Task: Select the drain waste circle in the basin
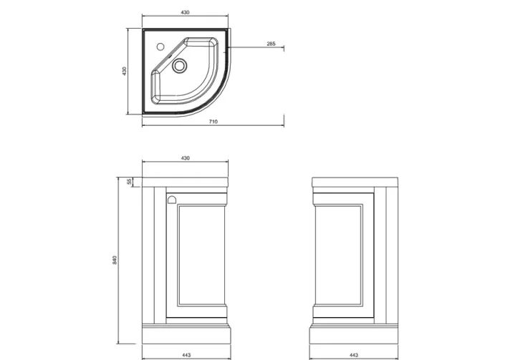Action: point(179,67)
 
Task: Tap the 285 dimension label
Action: point(271,44)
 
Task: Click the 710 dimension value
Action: point(213,122)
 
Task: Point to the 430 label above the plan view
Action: point(186,13)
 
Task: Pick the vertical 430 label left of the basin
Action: point(124,72)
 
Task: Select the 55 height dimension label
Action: point(129,182)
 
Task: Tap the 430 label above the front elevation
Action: point(186,157)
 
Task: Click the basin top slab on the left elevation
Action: point(186,180)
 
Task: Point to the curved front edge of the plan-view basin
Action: point(216,99)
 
